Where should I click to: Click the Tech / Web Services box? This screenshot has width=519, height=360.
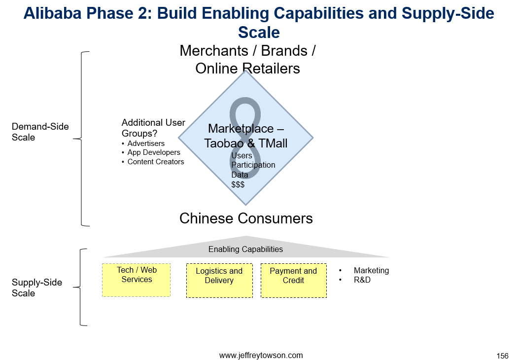(137, 280)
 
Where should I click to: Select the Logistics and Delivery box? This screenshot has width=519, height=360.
(219, 281)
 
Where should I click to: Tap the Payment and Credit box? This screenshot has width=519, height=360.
(294, 281)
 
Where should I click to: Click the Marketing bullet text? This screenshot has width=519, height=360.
(371, 271)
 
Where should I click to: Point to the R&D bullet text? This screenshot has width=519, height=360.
(362, 280)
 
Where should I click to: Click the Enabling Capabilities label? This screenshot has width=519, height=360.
(245, 250)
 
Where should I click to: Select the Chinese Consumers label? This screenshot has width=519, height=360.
(246, 218)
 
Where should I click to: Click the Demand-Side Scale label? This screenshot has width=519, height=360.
(40, 132)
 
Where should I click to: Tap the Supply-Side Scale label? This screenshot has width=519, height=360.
(37, 288)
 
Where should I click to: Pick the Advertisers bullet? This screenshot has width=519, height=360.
(146, 144)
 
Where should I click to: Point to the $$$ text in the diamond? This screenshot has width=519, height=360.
(238, 184)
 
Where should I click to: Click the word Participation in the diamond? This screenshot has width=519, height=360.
(253, 165)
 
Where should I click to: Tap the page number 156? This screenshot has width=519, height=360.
(502, 356)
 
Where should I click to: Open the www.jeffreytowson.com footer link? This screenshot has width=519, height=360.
(261, 356)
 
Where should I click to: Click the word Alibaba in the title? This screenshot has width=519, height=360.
(53, 14)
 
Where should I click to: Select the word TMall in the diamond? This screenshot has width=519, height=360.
(273, 144)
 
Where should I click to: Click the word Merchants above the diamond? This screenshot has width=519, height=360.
(214, 51)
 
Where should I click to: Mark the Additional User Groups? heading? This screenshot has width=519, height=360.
(153, 128)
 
